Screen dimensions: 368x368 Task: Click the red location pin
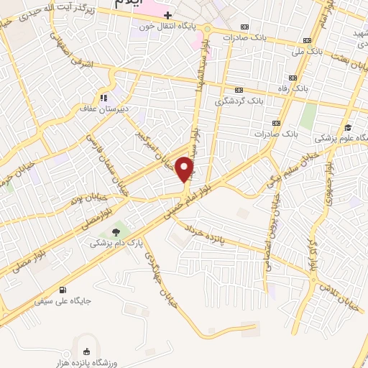tap(185, 168)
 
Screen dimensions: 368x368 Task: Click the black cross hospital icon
tap(167, 14)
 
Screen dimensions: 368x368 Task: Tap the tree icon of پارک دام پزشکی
tap(115, 232)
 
